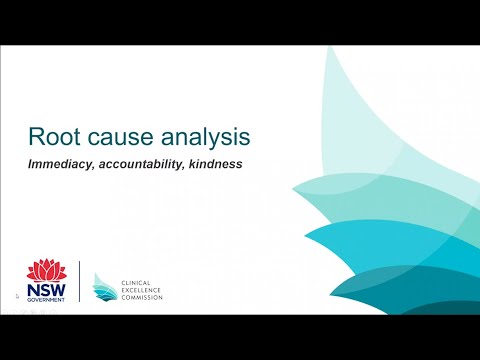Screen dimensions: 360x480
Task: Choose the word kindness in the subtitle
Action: coord(212,163)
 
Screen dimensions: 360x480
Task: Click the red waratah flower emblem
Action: coord(44,270)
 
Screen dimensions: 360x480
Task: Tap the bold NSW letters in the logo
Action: coord(45,289)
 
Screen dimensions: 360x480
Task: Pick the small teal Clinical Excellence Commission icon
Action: coord(103,286)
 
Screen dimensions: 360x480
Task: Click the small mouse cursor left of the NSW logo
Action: coord(18,297)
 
